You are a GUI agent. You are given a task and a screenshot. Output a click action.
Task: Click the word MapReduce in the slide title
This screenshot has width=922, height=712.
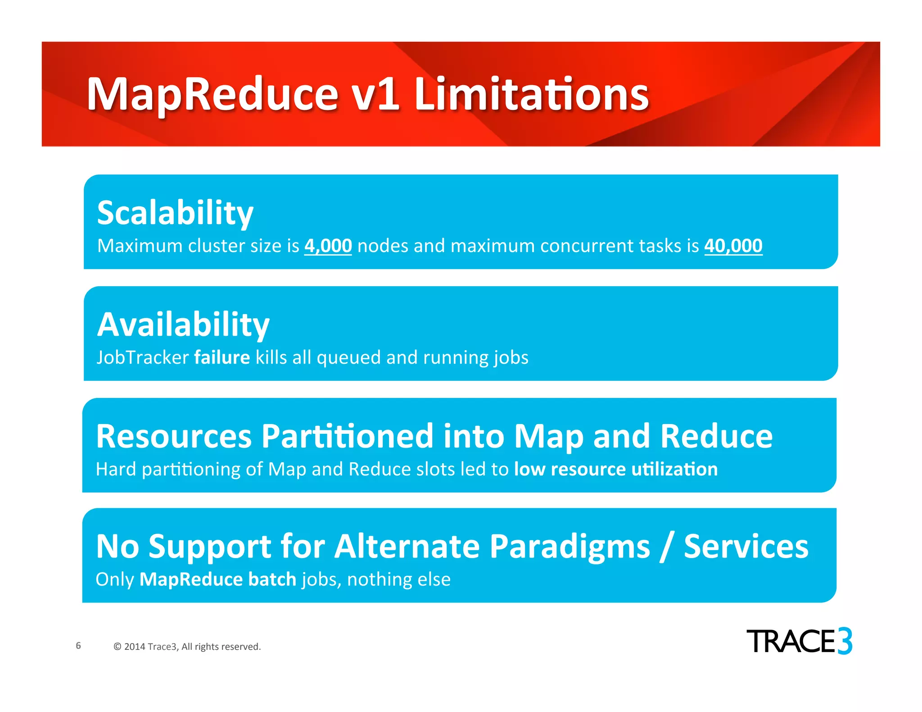212,95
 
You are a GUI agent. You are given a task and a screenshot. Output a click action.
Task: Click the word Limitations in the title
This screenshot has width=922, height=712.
531,95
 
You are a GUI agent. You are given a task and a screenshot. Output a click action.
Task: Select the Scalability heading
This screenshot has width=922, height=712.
175,213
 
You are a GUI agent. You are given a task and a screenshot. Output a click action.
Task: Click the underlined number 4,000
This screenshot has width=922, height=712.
328,246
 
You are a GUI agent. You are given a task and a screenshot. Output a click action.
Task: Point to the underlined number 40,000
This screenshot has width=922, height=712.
733,246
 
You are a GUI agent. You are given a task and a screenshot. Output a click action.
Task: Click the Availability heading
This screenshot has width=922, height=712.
183,324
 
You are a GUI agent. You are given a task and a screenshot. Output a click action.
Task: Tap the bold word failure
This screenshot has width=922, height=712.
222,357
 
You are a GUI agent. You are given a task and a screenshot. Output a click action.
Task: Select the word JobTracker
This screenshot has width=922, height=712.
143,357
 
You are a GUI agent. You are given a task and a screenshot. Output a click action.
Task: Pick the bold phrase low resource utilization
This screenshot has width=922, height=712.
615,469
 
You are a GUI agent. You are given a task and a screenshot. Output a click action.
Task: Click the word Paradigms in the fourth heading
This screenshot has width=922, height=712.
569,546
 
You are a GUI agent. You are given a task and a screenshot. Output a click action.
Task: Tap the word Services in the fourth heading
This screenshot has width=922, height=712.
746,546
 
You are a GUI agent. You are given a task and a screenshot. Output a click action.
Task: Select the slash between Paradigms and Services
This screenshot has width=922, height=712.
667,546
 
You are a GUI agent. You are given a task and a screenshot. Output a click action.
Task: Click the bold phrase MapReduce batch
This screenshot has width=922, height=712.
218,579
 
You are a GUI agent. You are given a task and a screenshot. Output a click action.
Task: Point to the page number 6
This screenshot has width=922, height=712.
78,645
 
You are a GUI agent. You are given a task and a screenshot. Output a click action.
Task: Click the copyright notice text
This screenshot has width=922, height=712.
187,647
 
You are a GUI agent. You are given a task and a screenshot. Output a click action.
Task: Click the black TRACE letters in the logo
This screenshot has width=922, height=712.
791,641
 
